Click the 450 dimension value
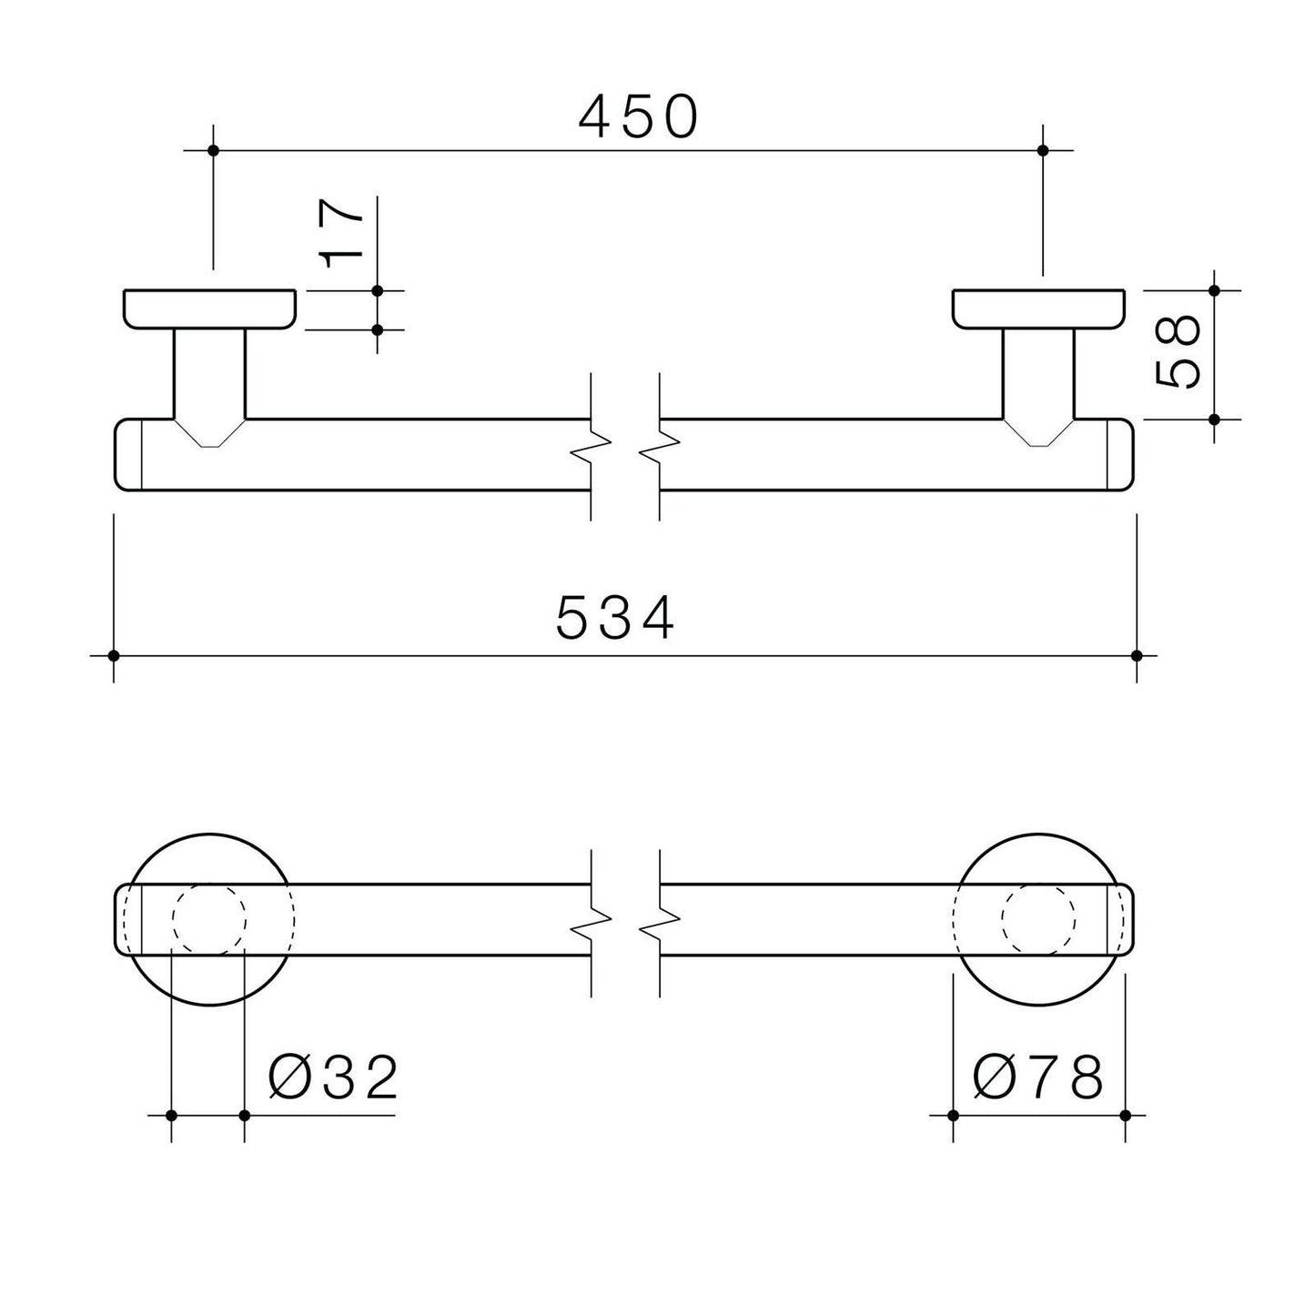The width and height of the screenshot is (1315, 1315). (638, 116)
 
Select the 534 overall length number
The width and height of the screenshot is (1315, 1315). (615, 618)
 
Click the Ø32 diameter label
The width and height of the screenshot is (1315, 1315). (332, 1077)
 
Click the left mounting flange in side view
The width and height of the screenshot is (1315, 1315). (209, 309)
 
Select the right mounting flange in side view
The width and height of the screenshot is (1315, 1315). (1038, 309)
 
